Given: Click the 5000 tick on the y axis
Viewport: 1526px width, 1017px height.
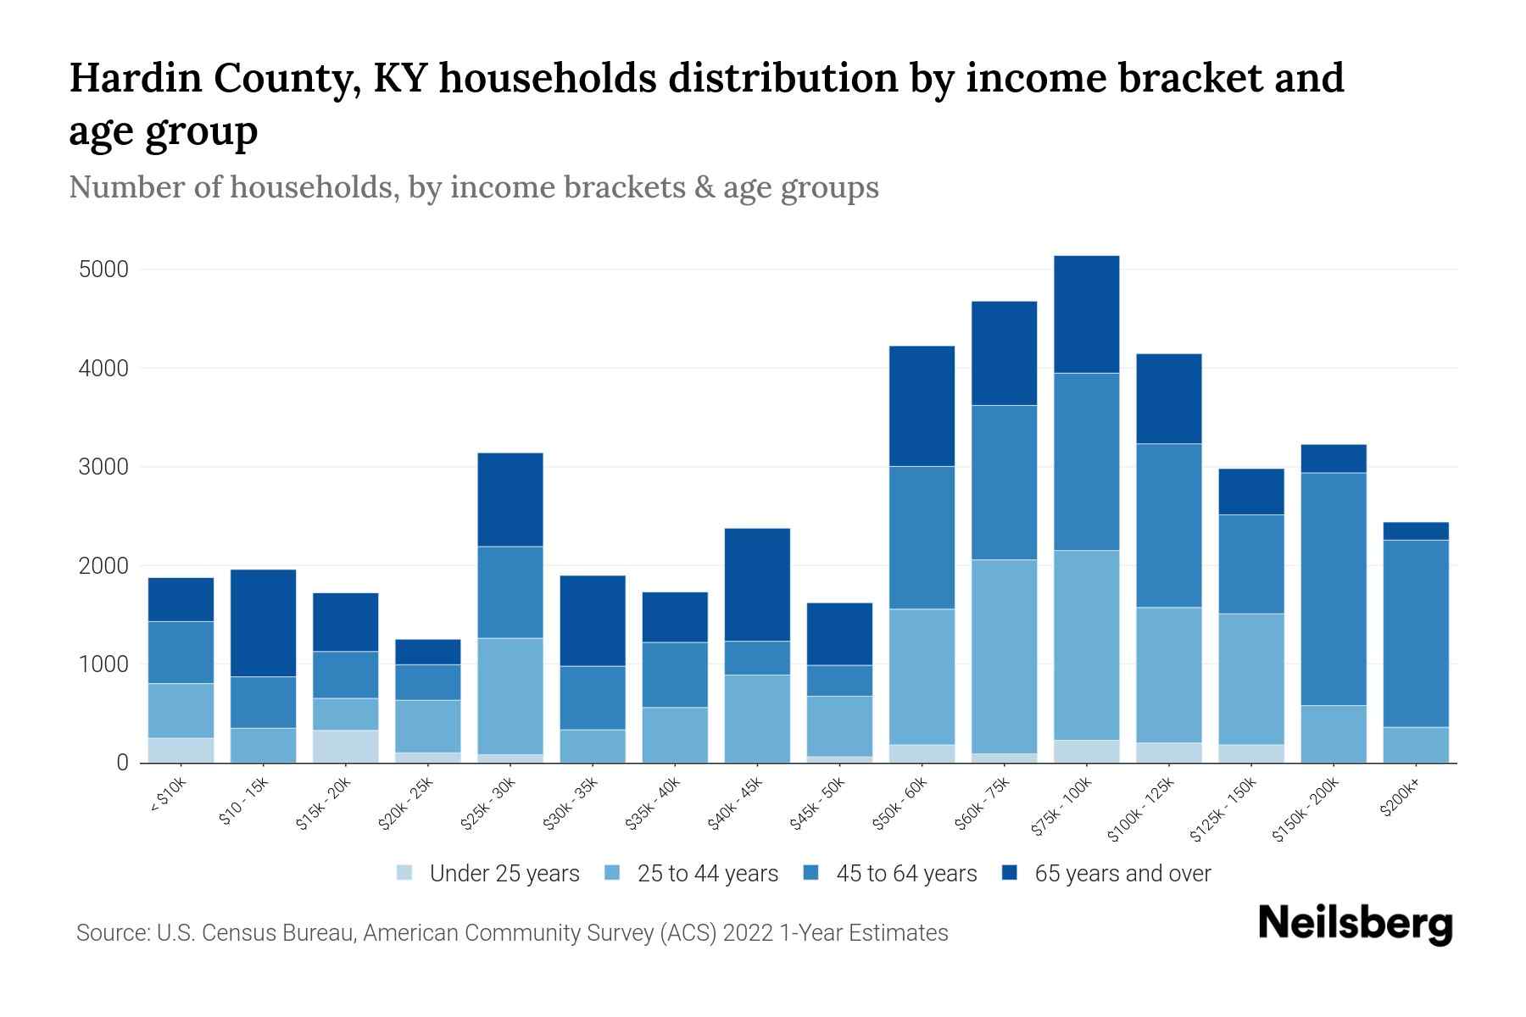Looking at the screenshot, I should [x=103, y=270].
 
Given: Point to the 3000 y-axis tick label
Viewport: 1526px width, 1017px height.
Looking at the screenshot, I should [x=103, y=468].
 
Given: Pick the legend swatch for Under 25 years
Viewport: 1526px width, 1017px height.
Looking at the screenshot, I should [x=405, y=873].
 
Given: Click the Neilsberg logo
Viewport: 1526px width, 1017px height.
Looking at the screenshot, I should [x=1356, y=925].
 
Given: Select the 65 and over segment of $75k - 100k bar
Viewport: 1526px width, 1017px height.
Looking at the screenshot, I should [x=1086, y=314].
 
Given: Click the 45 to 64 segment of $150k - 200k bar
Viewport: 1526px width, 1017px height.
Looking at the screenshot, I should [x=1334, y=589].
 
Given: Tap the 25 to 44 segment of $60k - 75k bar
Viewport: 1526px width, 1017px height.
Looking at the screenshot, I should [x=1004, y=656].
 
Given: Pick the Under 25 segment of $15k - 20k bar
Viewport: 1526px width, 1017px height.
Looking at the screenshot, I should [x=345, y=746].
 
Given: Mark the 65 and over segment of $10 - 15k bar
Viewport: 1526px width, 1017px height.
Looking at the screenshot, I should [x=263, y=623].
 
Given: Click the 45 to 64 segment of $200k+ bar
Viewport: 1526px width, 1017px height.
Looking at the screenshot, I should [x=1416, y=633].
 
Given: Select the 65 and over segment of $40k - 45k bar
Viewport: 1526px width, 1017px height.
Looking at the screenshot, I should [x=757, y=585].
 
